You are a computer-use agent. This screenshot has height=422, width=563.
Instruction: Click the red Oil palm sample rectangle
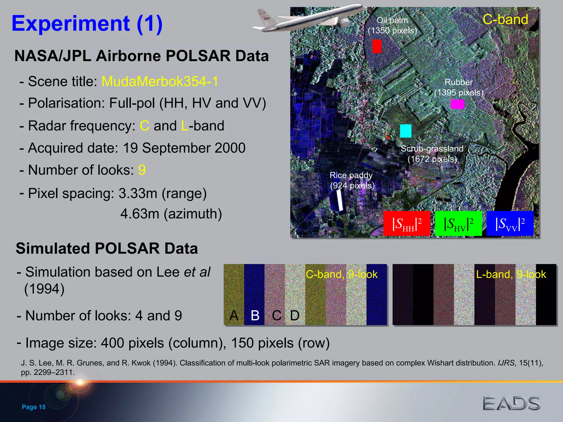click(x=377, y=46)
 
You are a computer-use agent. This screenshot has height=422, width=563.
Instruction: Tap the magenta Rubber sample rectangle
click(x=457, y=104)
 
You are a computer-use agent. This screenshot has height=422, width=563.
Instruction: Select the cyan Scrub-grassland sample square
click(x=405, y=131)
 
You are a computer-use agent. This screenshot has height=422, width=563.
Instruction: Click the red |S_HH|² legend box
click(x=407, y=224)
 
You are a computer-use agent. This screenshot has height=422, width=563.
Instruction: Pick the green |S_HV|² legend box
click(x=458, y=224)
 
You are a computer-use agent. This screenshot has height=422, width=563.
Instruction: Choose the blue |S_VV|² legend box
click(x=510, y=224)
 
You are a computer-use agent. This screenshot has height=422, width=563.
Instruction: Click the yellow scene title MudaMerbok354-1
click(x=160, y=81)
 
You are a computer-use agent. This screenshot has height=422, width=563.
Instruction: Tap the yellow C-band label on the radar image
click(x=505, y=20)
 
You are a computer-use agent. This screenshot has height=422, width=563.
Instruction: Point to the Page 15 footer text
click(x=34, y=407)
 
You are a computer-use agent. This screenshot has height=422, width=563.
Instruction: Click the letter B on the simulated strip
click(x=255, y=315)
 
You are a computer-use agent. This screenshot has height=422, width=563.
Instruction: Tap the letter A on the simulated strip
click(x=234, y=315)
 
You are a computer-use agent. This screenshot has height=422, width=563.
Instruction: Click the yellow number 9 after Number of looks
click(x=142, y=170)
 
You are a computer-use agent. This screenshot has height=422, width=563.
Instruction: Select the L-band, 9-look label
click(x=511, y=274)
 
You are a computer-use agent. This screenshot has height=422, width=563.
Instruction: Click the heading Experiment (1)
click(x=87, y=24)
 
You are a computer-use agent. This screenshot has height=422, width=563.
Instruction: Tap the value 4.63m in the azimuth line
click(x=140, y=214)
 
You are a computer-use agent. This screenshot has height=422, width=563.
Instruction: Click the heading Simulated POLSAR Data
click(x=107, y=248)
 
